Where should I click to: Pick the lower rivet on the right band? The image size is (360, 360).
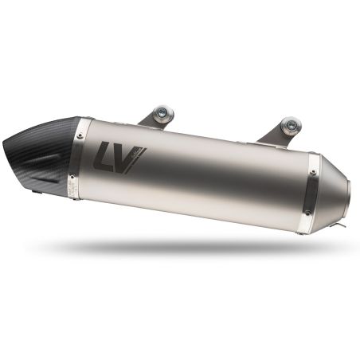(303, 225)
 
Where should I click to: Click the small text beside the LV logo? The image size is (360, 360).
(135, 151)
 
